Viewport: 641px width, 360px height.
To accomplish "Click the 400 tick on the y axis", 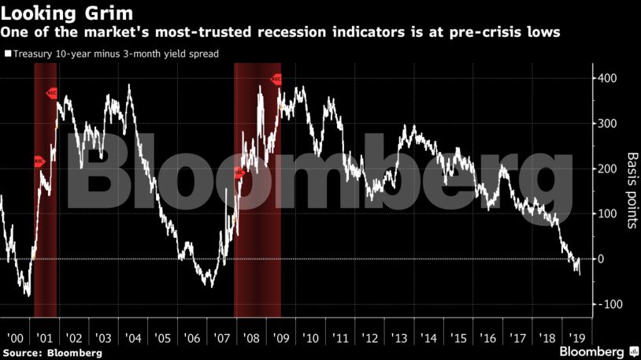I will tap(608, 79).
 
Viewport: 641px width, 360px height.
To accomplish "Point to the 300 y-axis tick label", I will tap(608, 124).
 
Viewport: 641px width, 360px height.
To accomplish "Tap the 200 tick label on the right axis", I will tap(608, 169).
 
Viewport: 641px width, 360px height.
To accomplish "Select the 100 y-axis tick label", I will tap(608, 213).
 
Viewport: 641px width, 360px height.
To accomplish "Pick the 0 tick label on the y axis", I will tap(602, 259).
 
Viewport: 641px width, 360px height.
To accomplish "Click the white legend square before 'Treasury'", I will tap(8, 54).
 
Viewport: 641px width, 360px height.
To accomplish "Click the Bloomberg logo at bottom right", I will tap(591, 351).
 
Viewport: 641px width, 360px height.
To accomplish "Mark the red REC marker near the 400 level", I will tap(276, 79).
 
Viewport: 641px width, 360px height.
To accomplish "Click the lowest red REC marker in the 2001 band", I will tap(39, 161).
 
